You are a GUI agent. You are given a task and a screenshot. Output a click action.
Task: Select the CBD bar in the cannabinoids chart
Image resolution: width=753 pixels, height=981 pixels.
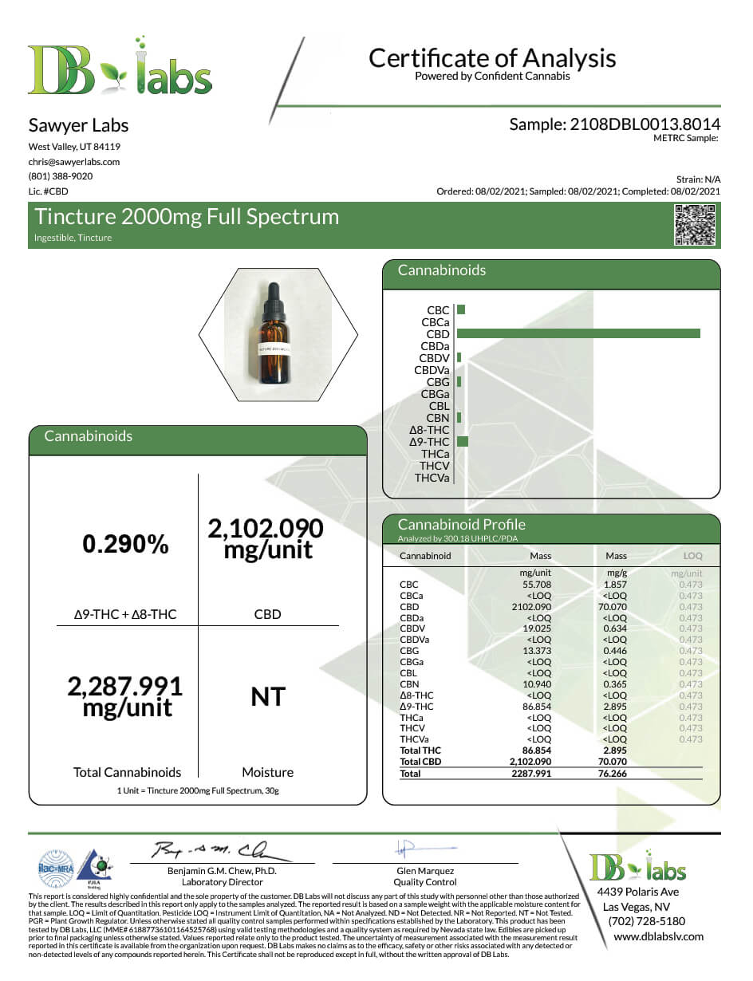coord(578,334)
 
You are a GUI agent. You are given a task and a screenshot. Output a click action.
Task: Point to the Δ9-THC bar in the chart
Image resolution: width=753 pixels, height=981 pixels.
coord(463,442)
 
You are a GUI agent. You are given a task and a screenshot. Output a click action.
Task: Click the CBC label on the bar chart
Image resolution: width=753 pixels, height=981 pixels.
coord(438,310)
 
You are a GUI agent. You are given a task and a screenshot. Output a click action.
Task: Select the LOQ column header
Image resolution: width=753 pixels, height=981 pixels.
coord(693,556)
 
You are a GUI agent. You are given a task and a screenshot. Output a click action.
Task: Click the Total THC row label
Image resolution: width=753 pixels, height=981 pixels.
coord(420,751)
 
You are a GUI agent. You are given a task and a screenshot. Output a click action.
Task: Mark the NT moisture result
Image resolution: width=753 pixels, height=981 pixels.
coord(268,697)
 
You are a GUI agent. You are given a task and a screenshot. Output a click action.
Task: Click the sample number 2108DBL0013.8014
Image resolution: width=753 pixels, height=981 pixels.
coord(614,124)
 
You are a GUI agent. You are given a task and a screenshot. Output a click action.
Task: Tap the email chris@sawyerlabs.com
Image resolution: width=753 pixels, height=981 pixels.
coord(74,161)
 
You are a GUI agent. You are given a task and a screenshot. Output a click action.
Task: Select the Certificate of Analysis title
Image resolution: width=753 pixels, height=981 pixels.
coord(492,58)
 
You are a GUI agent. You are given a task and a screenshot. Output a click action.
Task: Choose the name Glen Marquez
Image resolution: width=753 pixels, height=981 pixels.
coord(425,871)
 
